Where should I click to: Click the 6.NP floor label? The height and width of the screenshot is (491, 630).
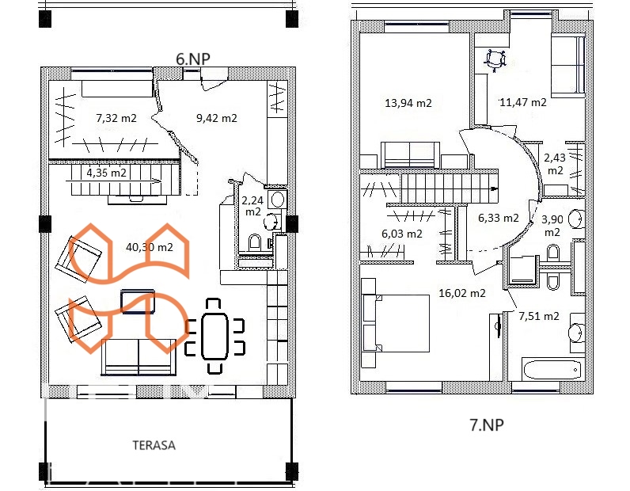click(193, 59)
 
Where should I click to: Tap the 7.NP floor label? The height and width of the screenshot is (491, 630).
click(487, 424)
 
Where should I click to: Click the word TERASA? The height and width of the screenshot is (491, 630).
click(154, 445)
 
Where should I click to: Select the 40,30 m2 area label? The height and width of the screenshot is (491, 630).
click(150, 247)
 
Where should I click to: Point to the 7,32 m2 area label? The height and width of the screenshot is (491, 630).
click(116, 118)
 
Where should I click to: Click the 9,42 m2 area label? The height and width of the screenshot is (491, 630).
click(217, 118)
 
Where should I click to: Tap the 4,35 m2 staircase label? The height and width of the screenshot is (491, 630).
click(107, 173)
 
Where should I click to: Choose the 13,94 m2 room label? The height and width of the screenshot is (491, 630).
click(408, 103)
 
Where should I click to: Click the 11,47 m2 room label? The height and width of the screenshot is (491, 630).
click(523, 102)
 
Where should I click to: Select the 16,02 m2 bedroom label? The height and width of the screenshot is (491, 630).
click(462, 293)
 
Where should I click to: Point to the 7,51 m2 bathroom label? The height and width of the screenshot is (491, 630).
click(539, 316)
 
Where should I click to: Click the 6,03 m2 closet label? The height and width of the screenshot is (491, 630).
click(402, 234)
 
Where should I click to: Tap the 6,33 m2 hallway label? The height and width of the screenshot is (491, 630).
click(498, 218)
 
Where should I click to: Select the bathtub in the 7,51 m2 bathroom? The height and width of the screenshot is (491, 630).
click(553, 370)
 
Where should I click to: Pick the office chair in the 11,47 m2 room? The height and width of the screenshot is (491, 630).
click(495, 60)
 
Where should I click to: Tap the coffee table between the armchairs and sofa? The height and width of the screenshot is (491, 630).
click(138, 301)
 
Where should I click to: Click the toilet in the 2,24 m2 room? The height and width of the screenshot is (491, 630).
click(254, 243)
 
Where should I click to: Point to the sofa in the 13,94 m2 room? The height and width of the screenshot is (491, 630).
click(410, 154)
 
